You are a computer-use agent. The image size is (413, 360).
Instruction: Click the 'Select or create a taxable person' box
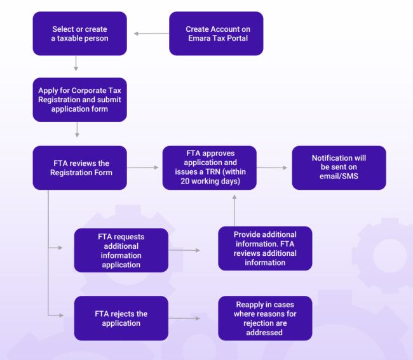click(x=80, y=34)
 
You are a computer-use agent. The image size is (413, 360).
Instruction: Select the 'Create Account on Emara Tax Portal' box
click(x=216, y=34)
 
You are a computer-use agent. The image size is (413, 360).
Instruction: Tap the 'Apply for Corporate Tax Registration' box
click(x=80, y=100)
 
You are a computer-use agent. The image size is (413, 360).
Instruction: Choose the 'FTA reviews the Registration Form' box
click(x=80, y=168)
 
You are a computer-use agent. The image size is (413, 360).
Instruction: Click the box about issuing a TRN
click(x=210, y=168)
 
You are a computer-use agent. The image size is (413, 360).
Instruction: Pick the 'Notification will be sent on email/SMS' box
click(x=339, y=168)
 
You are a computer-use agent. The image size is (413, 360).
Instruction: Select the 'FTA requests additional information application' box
click(x=121, y=250)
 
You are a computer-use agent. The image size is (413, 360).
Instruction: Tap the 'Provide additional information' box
click(x=265, y=248)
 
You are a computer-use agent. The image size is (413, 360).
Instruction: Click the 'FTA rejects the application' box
click(x=121, y=318)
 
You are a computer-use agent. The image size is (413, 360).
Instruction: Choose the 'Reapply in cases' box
click(x=265, y=318)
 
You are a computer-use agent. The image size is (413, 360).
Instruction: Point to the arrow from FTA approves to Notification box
click(x=273, y=168)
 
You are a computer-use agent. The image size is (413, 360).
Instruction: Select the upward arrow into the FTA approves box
click(x=234, y=208)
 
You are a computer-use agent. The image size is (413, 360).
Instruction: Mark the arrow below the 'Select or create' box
click(x=76, y=63)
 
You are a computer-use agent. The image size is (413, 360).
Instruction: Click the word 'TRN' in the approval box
click(x=219, y=171)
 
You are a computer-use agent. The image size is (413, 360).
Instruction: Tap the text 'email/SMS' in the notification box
click(x=339, y=176)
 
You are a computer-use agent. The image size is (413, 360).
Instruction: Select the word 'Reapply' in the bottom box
click(x=244, y=305)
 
